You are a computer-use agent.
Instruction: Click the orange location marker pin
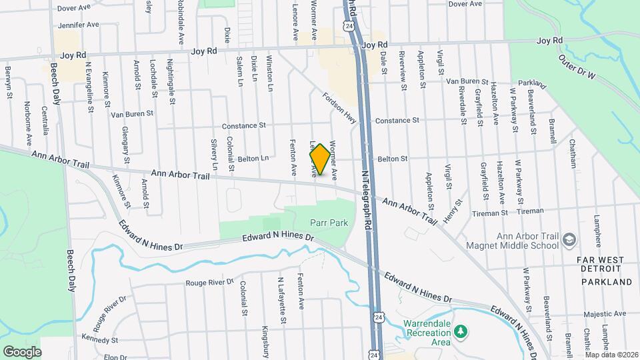[320, 159]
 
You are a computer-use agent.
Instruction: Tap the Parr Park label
[329, 223]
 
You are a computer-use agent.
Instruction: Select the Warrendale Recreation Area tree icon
[459, 331]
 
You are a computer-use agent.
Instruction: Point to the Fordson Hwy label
[340, 107]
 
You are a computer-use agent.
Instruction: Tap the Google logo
[22, 351]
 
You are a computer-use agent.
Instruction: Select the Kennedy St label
[95, 339]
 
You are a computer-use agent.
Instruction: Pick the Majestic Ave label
[603, 313]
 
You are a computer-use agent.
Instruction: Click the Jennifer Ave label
[79, 25]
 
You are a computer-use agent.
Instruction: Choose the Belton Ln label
[253, 159]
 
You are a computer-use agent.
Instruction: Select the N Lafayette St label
[282, 301]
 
